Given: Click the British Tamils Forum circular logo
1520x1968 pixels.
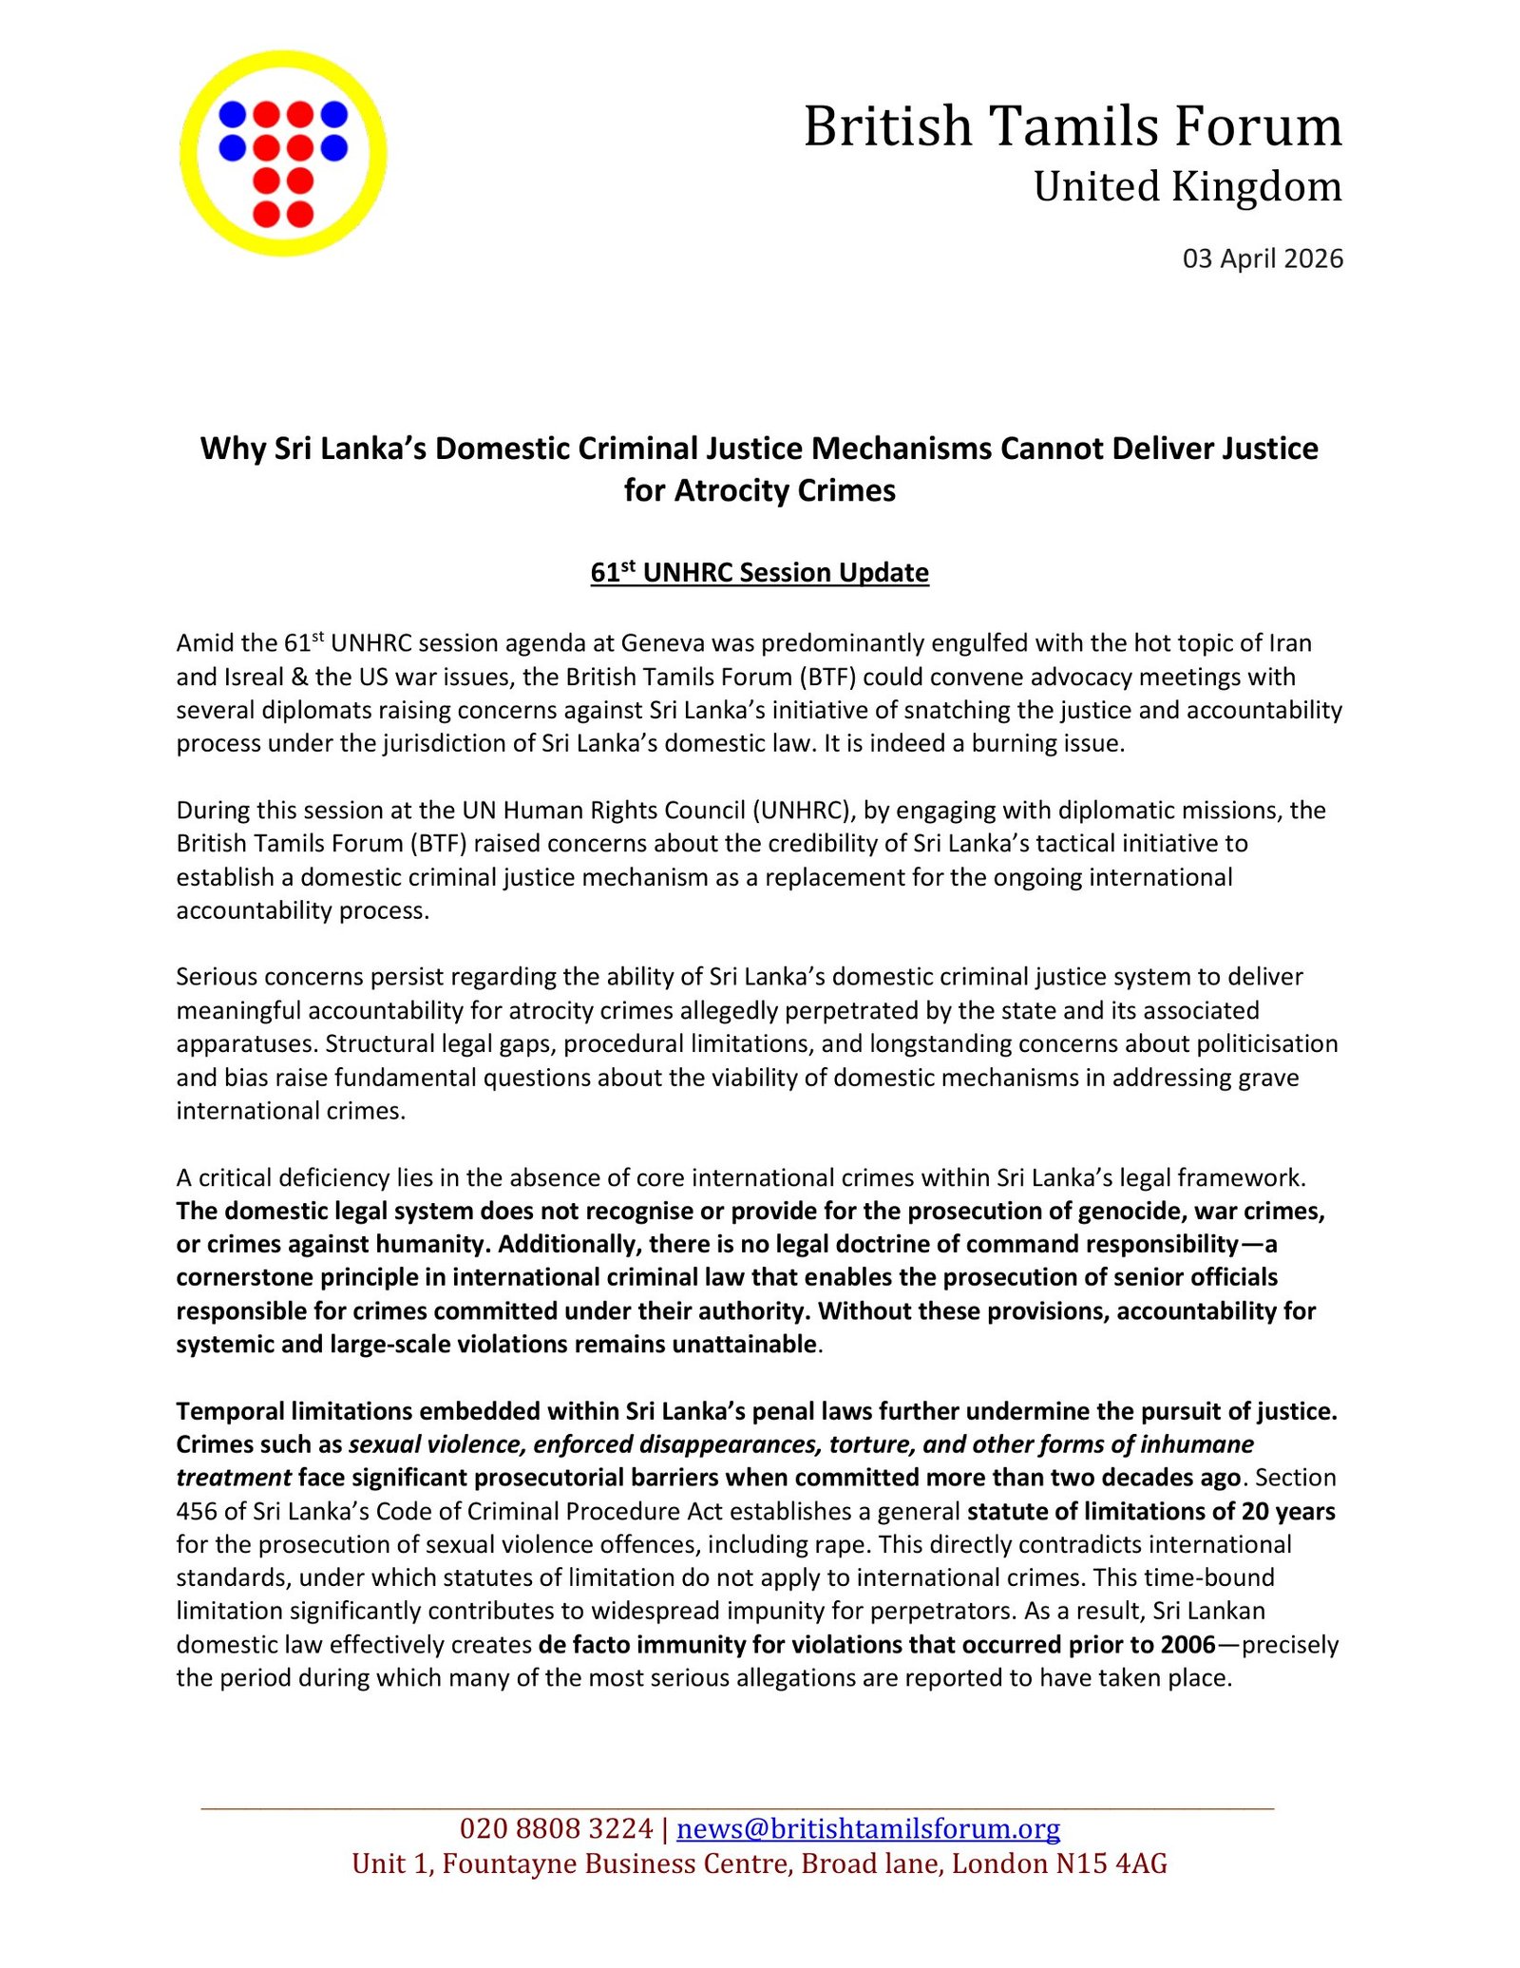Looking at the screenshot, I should pyautogui.click(x=283, y=153).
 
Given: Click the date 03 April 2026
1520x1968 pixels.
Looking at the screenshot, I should pyautogui.click(x=1262, y=258).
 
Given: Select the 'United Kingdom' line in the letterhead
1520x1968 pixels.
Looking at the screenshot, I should pyautogui.click(x=1187, y=186).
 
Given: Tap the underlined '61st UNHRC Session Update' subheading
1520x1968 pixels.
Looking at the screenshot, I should pyautogui.click(x=759, y=572).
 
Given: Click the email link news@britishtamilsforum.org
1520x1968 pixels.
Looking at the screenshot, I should pyautogui.click(x=868, y=1828).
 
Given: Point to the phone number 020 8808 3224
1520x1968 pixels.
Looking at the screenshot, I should pyautogui.click(x=556, y=1828).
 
